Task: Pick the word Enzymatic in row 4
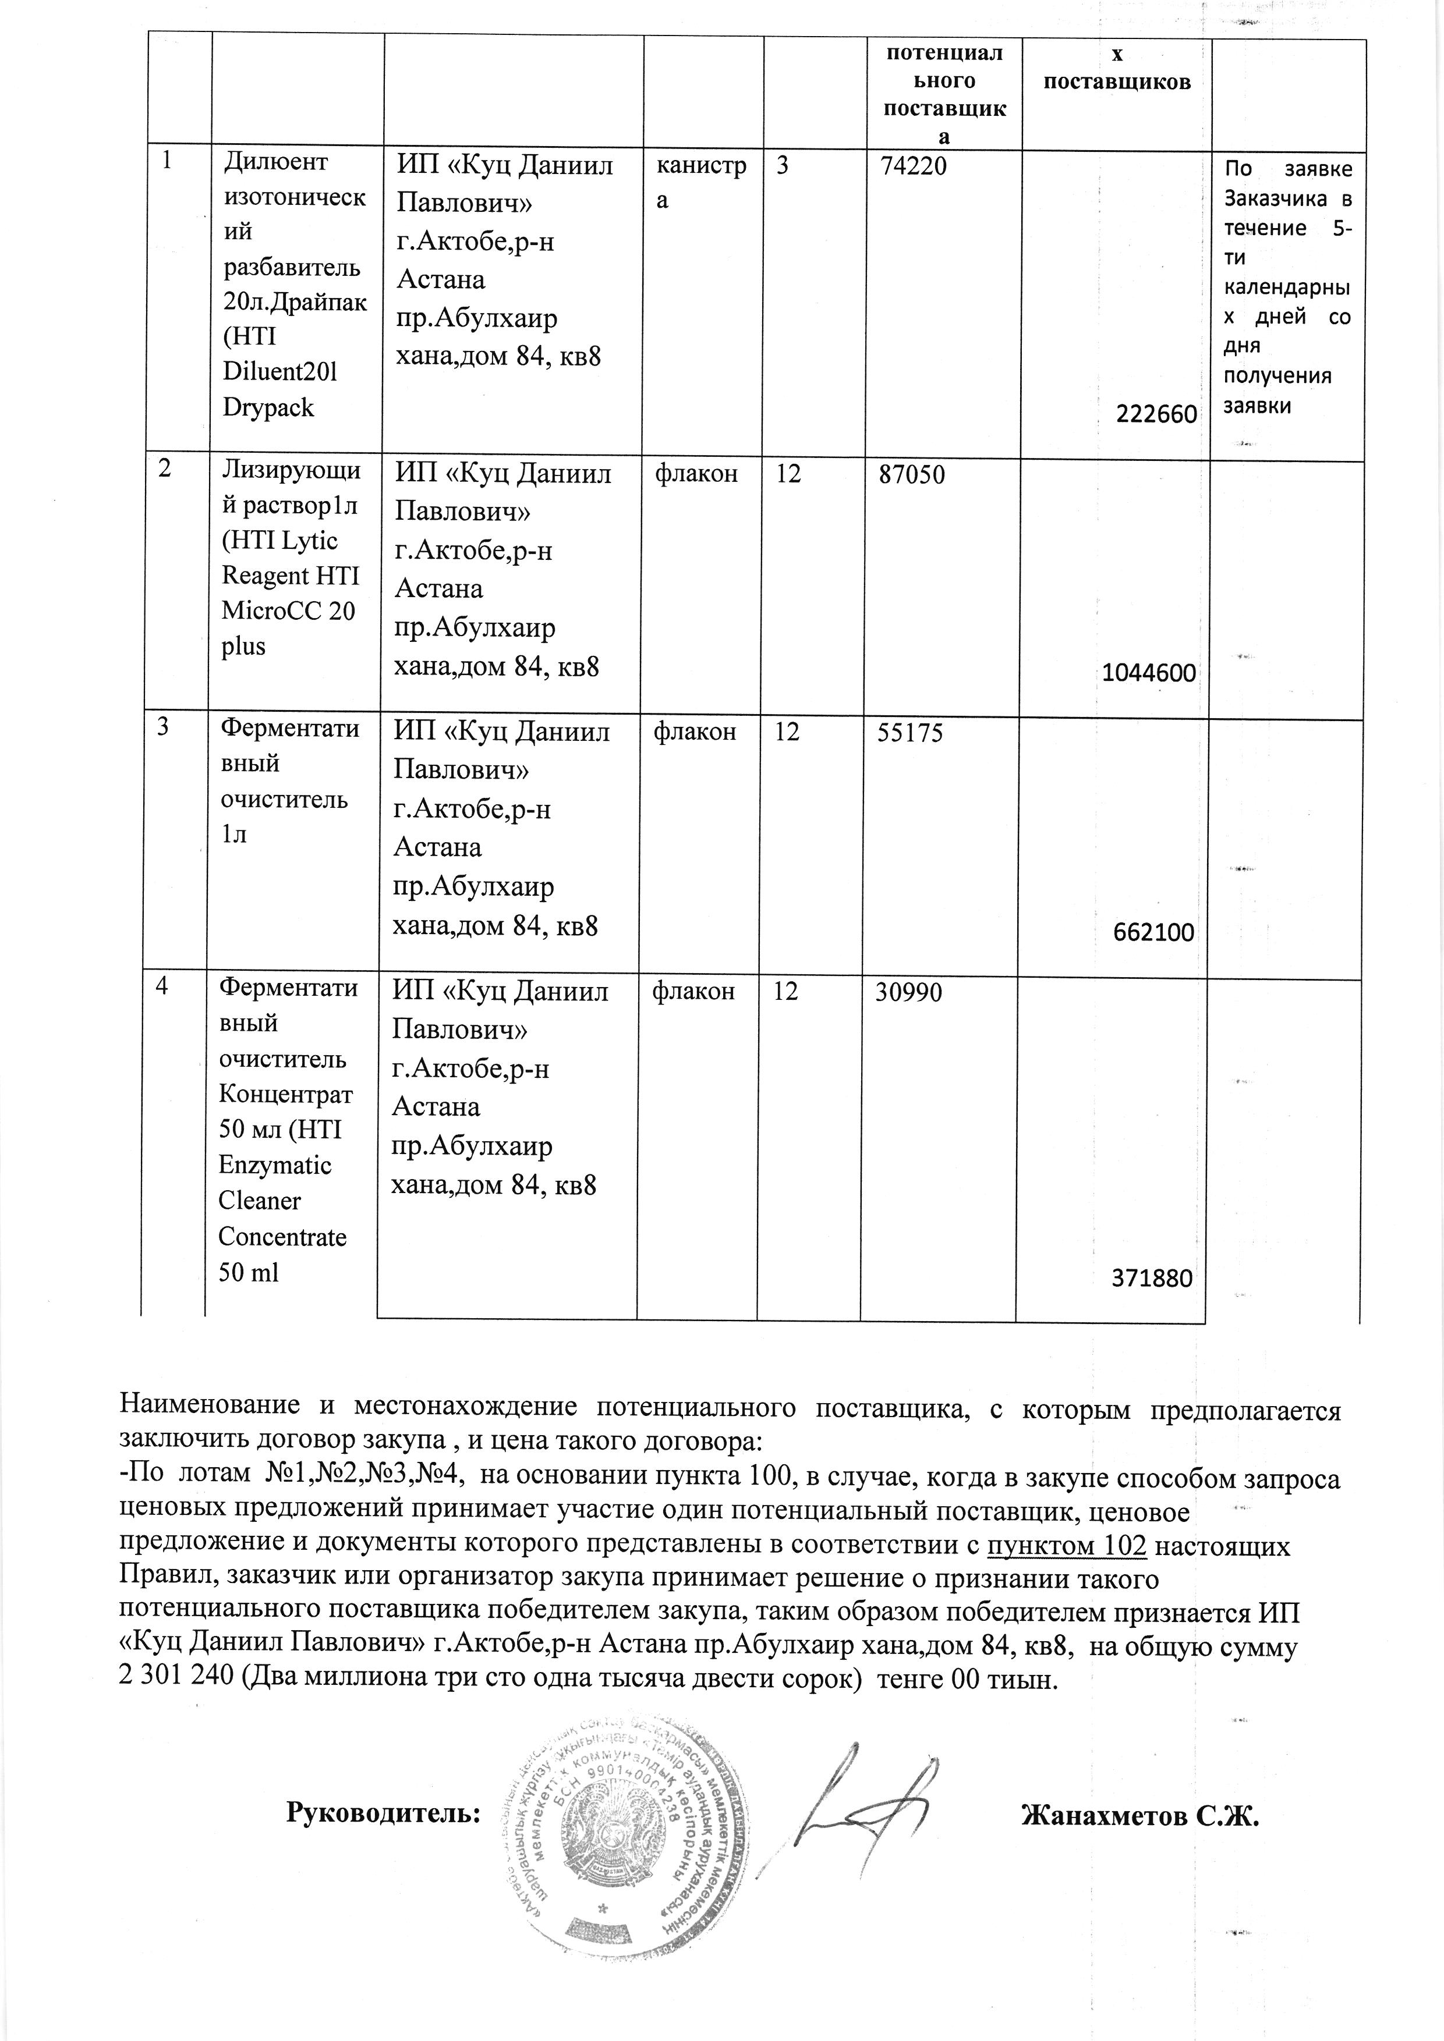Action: coord(275,1165)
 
